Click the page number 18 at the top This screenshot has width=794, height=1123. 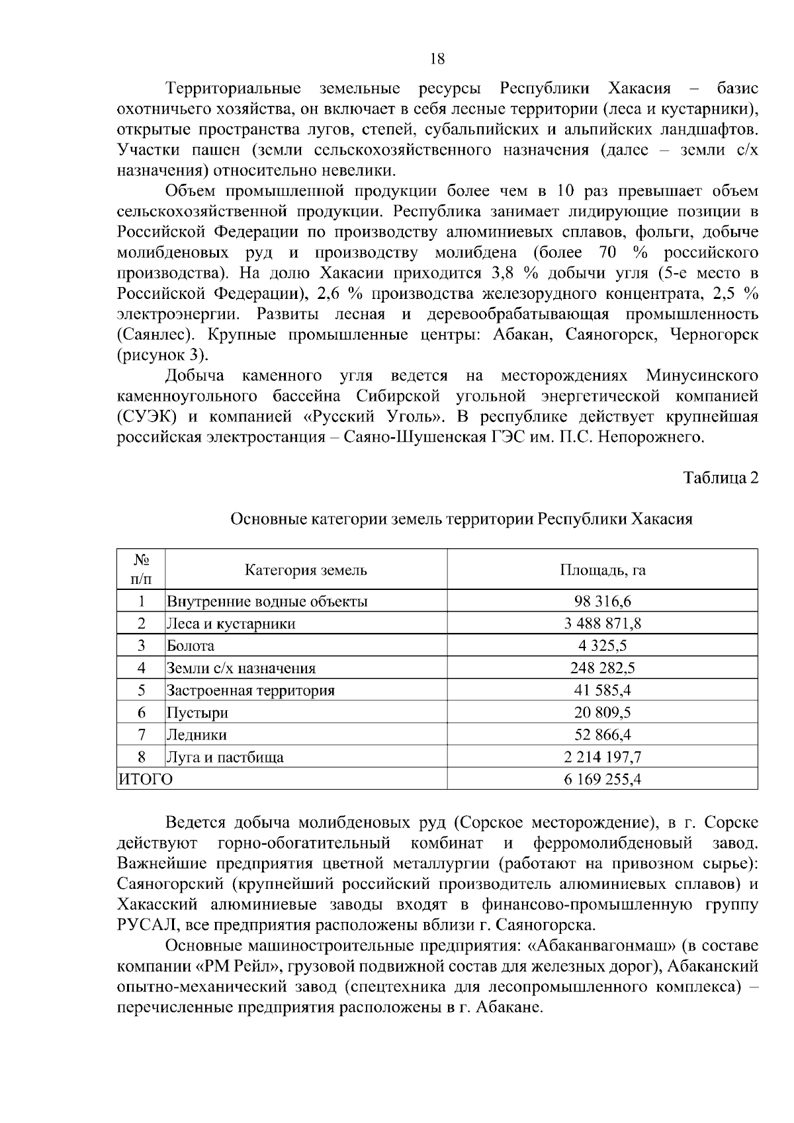437,59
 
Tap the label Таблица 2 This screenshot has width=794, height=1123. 721,478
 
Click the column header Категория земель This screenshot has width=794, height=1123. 306,570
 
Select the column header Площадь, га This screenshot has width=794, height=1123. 602,570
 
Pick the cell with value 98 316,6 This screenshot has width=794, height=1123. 602,601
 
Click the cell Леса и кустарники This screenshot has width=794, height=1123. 231,624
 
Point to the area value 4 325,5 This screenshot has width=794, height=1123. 602,645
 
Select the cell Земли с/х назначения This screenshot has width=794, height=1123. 242,668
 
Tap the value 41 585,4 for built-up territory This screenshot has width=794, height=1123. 602,690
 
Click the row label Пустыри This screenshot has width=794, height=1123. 197,713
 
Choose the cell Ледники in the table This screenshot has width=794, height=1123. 197,735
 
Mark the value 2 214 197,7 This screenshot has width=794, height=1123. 602,757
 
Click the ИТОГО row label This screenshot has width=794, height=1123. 145,780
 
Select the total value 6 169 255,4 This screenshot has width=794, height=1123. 602,780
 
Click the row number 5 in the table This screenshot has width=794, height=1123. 141,690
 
